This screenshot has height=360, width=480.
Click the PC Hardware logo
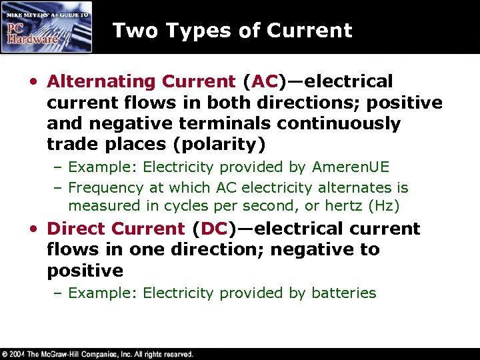tap(46, 27)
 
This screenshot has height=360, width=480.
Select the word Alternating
tap(101, 81)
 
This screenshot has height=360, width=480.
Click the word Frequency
tap(106, 188)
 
